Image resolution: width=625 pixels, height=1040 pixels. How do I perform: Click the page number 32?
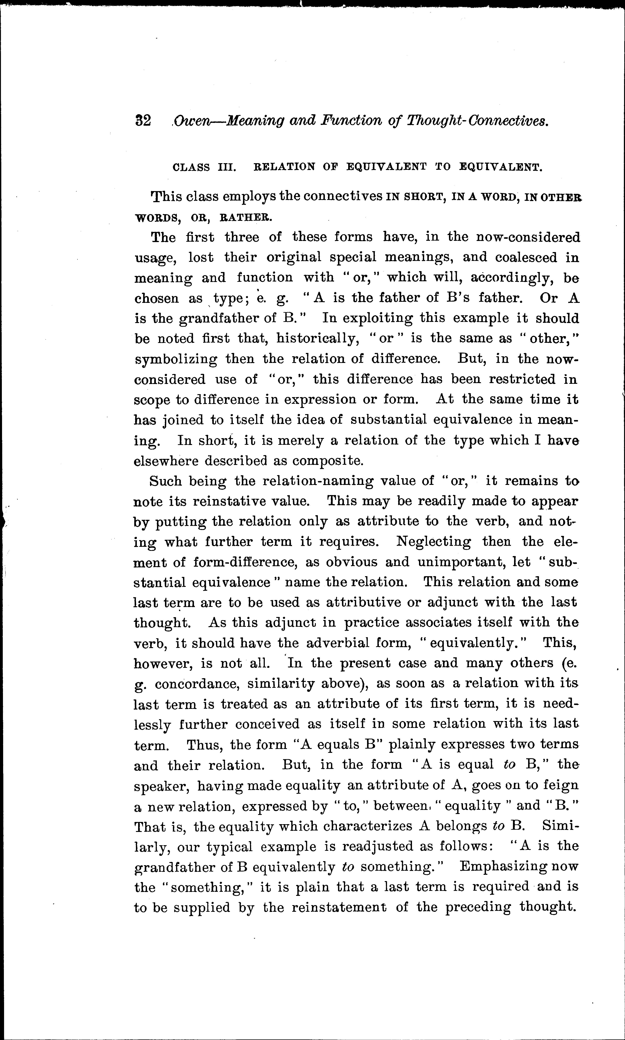tap(143, 121)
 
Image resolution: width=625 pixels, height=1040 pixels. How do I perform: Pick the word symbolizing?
tap(176, 359)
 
